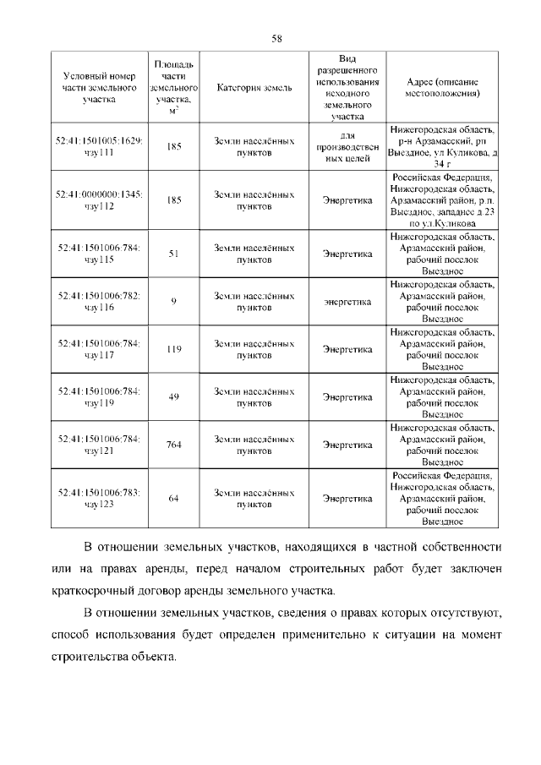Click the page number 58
276,37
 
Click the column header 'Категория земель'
254,88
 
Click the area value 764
173,445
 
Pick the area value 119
173,349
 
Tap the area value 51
173,254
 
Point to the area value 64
173,499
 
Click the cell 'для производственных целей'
347,146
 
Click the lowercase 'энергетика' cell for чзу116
347,302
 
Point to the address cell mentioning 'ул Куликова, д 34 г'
443,146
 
